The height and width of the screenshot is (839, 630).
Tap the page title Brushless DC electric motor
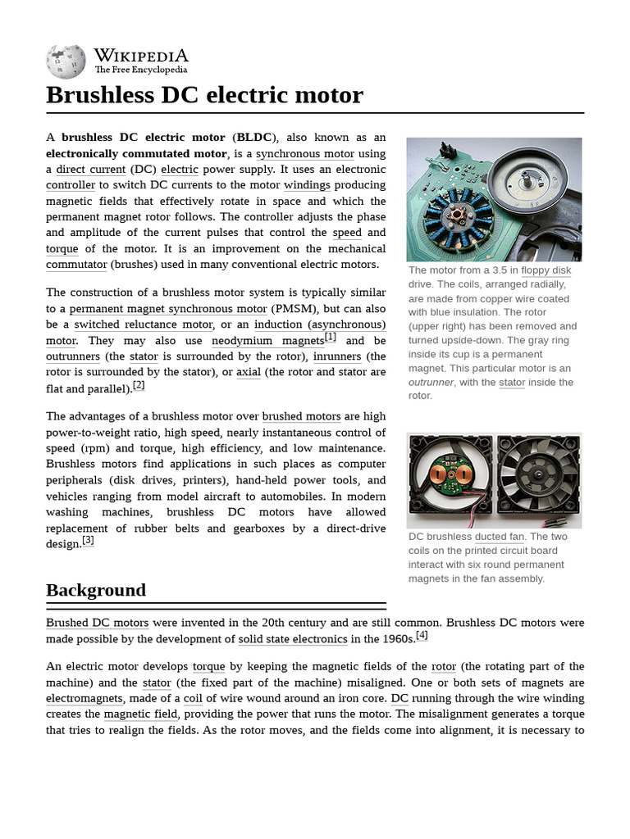click(x=204, y=95)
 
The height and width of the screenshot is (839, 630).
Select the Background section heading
click(x=96, y=590)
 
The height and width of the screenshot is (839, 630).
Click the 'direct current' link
click(x=91, y=170)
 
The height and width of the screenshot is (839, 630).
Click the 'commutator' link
click(x=76, y=265)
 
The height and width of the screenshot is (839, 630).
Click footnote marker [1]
click(x=331, y=337)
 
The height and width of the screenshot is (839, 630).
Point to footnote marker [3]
click(x=88, y=540)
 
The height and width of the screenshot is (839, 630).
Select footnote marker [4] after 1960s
click(x=422, y=635)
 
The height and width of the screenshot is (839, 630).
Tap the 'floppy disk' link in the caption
click(x=546, y=270)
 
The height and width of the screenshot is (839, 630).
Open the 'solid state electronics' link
click(x=293, y=639)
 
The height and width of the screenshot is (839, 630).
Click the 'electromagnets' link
click(x=84, y=699)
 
